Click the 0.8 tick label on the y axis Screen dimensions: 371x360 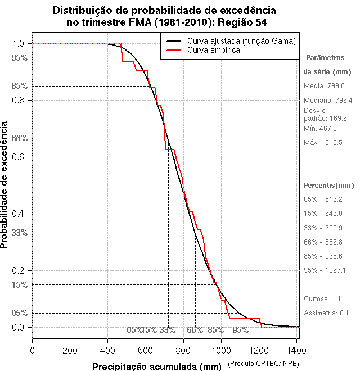19,100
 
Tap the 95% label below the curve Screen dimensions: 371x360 241,330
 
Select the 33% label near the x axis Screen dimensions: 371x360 168,330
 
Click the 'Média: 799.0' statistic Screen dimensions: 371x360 324,86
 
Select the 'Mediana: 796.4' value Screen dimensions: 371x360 327,100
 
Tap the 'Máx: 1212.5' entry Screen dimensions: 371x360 323,143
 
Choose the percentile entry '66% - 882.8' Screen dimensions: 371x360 323,242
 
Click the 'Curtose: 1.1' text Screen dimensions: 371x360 322,298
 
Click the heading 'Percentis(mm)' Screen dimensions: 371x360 329,185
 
